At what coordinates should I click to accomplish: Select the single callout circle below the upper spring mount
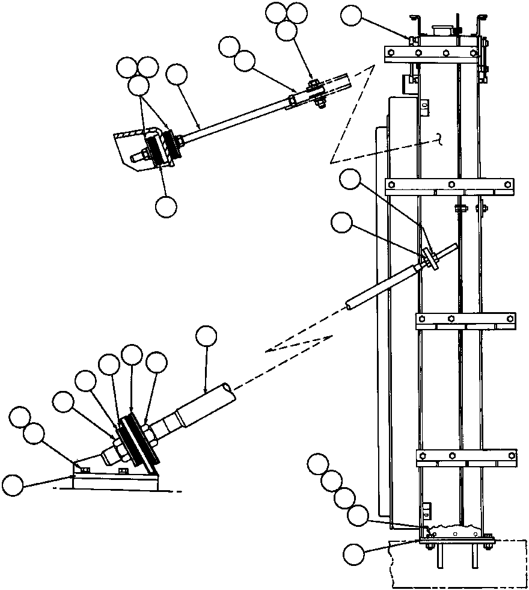[166, 206]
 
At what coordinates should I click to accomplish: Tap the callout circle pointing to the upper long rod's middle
[177, 76]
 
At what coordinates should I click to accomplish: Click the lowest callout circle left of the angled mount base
[14, 484]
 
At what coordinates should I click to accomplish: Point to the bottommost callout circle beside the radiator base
[355, 552]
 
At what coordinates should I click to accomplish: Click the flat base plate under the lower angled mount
[117, 482]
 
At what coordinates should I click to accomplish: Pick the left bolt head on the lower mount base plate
[85, 470]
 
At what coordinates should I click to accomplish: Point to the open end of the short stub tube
[350, 306]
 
